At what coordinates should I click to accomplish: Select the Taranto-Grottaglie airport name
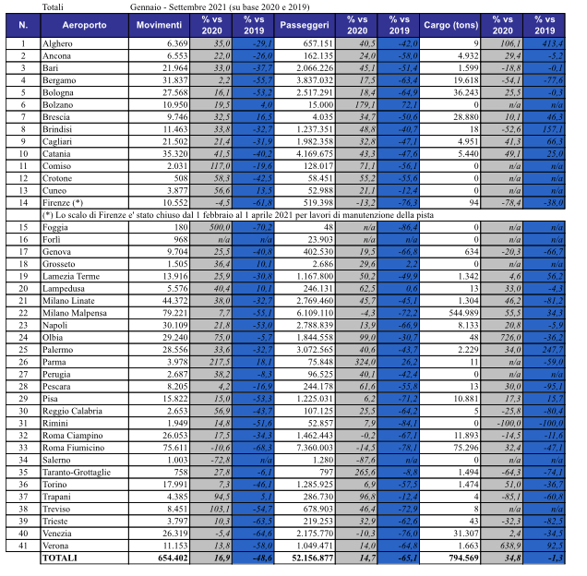pyautogui.click(x=78, y=471)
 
